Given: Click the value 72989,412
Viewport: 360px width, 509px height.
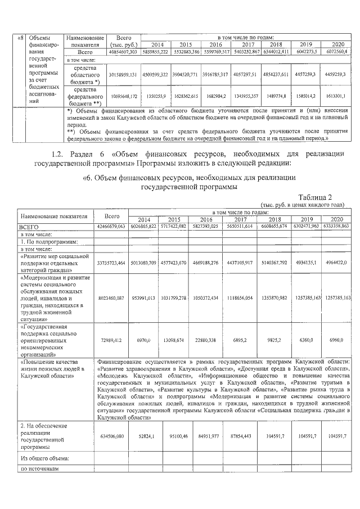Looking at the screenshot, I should [112, 340].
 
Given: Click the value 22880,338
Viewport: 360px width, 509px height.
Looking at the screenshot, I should [207, 340].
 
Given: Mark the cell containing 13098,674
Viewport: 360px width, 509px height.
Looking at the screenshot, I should [175, 340].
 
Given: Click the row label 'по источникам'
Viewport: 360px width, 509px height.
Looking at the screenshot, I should [39, 469].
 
